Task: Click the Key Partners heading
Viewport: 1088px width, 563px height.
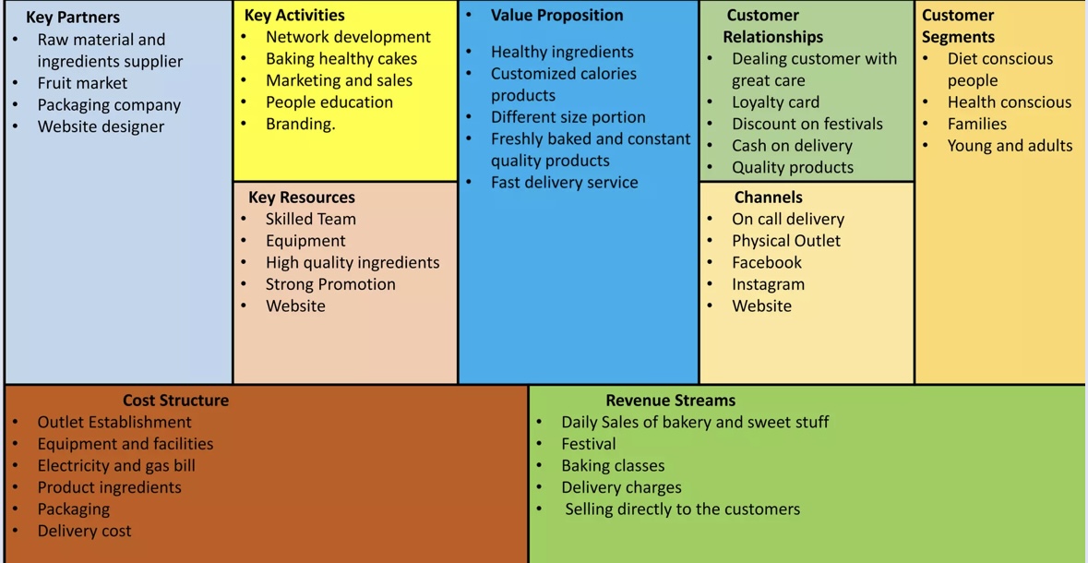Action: (x=73, y=17)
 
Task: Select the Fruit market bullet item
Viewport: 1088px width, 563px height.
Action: (x=82, y=83)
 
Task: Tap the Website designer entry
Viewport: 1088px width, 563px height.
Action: (x=101, y=126)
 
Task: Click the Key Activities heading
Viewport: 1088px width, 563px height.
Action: (x=294, y=15)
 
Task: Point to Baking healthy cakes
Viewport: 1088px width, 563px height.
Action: (x=341, y=58)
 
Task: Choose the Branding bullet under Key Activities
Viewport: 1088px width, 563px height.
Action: (x=300, y=124)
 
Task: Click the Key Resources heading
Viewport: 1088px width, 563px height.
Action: (x=301, y=197)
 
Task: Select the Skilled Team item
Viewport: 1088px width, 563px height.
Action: (x=310, y=219)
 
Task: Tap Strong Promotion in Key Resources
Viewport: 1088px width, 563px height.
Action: (x=330, y=284)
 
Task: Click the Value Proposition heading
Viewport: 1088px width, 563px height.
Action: (x=556, y=15)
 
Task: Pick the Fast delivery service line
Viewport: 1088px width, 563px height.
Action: (x=564, y=182)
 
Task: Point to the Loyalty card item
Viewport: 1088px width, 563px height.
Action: (x=775, y=102)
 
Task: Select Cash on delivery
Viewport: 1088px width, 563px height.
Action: (x=792, y=145)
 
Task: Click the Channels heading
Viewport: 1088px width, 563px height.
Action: (x=768, y=197)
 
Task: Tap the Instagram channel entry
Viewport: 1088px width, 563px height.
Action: (x=768, y=284)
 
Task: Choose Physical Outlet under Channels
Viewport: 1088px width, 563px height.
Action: (x=786, y=241)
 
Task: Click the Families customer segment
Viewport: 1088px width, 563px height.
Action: (x=976, y=124)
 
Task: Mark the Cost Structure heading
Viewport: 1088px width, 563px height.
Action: (x=175, y=401)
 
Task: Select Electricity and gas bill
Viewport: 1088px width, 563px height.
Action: (x=116, y=465)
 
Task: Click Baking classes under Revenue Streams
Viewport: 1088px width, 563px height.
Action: (x=613, y=465)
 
